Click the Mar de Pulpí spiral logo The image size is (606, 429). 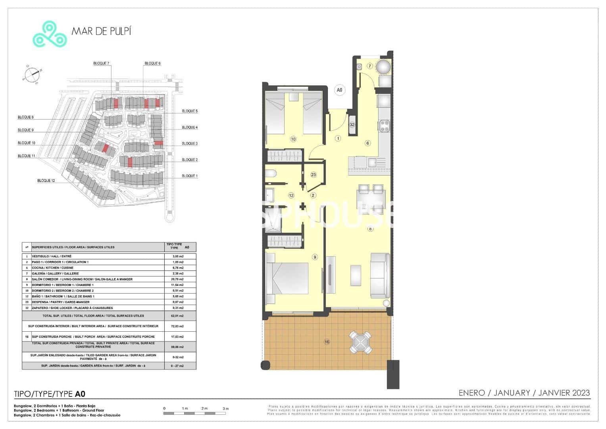pos(49,34)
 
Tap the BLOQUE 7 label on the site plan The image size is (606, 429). pos(101,63)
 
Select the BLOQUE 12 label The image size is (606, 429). pos(46,181)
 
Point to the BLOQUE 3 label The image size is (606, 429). pos(189,143)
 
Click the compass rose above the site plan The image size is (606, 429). pos(31,74)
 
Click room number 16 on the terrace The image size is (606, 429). pos(327,342)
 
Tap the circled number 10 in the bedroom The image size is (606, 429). pos(293,139)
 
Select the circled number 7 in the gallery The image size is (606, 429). pos(369,66)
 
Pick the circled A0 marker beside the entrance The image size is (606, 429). pos(339,90)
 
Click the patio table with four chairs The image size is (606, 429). pos(360,342)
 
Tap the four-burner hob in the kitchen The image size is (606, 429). pos(385,126)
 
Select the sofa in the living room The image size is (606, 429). pos(380,276)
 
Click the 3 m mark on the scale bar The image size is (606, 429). pos(225,409)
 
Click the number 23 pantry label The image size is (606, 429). pos(313,175)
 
